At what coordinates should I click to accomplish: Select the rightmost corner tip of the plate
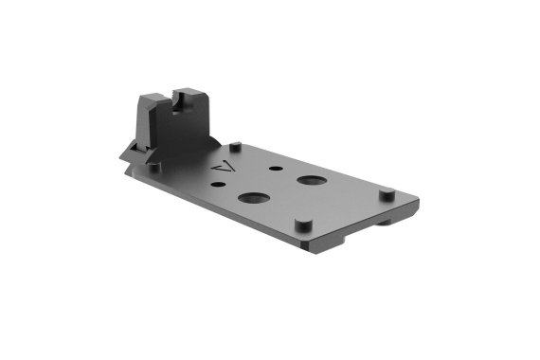[x=417, y=201]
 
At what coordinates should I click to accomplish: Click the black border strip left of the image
[x=45, y=180]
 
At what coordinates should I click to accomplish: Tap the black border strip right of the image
[x=495, y=180]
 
